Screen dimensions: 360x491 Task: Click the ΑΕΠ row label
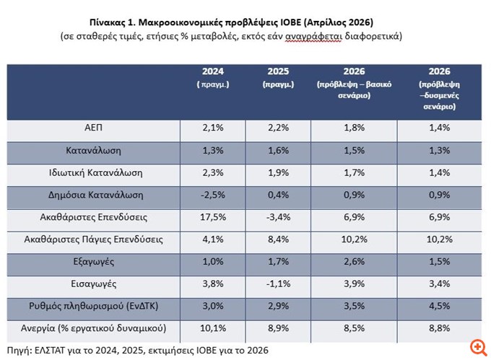(93, 128)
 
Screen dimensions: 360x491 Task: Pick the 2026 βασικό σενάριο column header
(354, 83)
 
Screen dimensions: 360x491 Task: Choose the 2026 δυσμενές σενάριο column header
(439, 88)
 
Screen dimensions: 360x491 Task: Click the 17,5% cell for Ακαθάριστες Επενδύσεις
(212, 217)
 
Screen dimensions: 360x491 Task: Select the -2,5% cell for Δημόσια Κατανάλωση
(212, 195)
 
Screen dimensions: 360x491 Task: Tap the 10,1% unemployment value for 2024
(212, 329)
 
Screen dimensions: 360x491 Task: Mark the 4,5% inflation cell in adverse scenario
(439, 307)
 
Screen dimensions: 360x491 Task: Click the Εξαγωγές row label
(93, 262)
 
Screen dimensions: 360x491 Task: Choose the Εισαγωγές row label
(93, 284)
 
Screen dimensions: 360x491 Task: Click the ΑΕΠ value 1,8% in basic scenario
(354, 128)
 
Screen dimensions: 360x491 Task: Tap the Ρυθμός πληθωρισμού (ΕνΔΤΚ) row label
(93, 307)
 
